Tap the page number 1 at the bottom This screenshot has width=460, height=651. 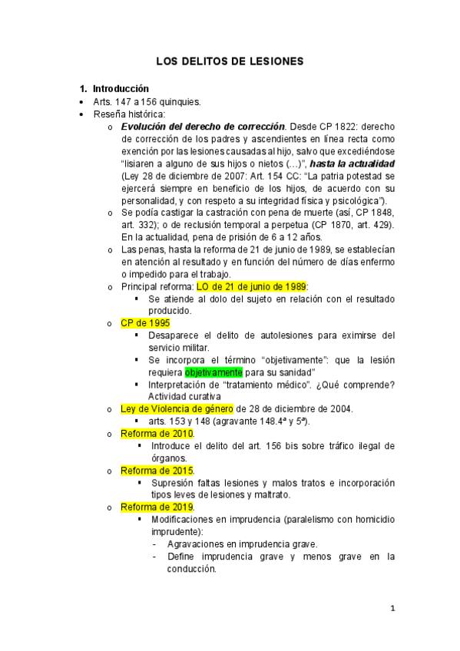pyautogui.click(x=392, y=609)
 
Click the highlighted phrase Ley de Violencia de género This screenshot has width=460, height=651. pyautogui.click(x=177, y=409)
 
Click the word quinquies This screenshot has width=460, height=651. pyautogui.click(x=180, y=101)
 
